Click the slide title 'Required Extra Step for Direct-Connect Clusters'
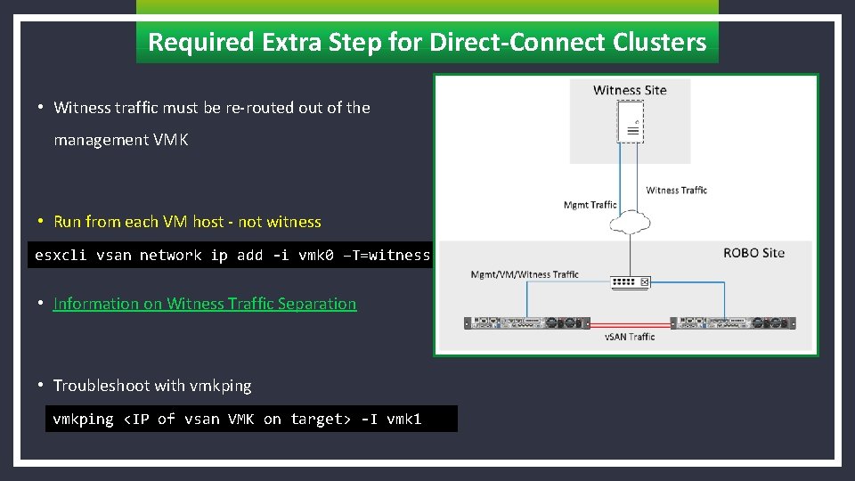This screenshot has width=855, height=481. click(x=427, y=42)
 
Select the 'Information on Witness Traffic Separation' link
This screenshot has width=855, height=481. click(x=205, y=304)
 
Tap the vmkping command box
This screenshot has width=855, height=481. click(x=250, y=419)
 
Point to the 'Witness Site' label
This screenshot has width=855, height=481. click(x=630, y=90)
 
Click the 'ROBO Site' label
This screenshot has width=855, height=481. click(x=753, y=253)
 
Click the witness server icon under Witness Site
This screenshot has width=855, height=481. click(x=631, y=122)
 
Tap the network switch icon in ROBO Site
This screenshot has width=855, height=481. click(x=631, y=282)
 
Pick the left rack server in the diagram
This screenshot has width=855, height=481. click(x=526, y=323)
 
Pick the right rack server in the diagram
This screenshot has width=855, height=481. click(x=734, y=323)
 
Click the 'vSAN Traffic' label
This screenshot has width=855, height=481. click(x=630, y=337)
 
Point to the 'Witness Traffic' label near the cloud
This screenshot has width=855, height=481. click(x=676, y=190)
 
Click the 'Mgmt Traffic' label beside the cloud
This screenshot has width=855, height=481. click(x=590, y=205)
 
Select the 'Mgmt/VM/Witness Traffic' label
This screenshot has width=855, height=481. click(x=525, y=274)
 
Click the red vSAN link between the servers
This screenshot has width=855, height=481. click(x=630, y=324)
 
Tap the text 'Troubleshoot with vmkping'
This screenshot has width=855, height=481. click(x=152, y=386)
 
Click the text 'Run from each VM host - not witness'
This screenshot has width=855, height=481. click(x=187, y=222)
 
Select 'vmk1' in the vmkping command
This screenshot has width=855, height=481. click(x=403, y=419)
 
